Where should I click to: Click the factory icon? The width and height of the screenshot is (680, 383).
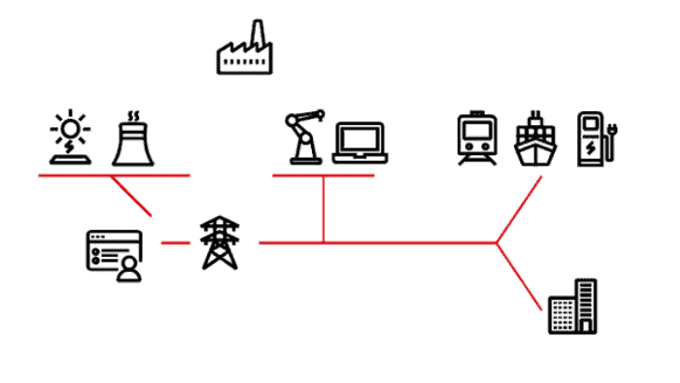[x=242, y=52]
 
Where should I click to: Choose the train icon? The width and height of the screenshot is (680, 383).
[x=477, y=138]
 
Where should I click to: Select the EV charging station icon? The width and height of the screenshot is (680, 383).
[x=591, y=139]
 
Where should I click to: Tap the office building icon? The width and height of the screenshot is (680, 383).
[x=572, y=306]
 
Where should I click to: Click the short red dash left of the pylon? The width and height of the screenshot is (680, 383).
[x=174, y=243]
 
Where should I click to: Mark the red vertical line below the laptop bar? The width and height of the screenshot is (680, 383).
[x=323, y=209]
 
